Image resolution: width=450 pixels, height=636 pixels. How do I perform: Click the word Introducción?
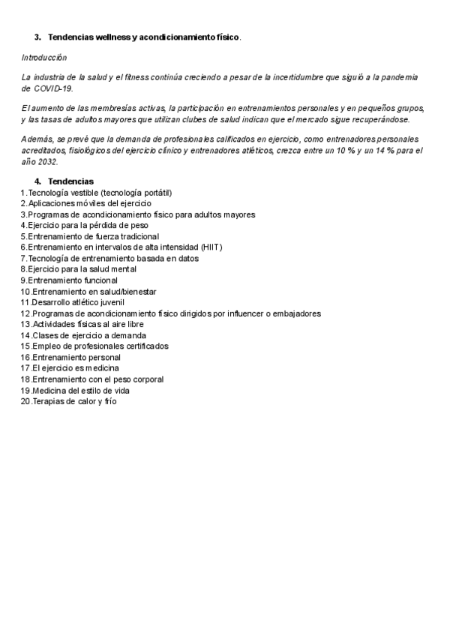pyautogui.click(x=43, y=58)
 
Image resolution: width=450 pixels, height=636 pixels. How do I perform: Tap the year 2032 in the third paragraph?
pyautogui.click(x=49, y=161)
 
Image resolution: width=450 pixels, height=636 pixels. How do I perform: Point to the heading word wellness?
pyautogui.click(x=111, y=37)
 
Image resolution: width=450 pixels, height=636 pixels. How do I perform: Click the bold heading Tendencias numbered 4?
pyautogui.click(x=70, y=181)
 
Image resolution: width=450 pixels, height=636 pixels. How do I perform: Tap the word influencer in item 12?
pyautogui.click(x=241, y=313)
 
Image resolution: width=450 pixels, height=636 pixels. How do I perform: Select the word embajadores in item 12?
pyautogui.click(x=298, y=313)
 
